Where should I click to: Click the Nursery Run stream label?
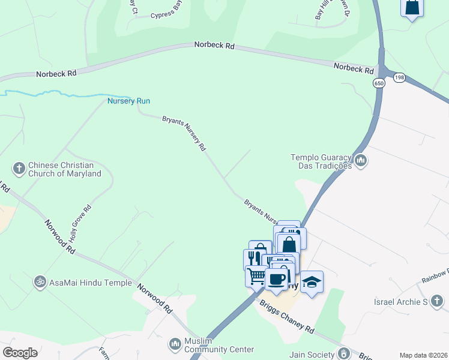(128, 101)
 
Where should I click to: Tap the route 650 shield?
(378, 83)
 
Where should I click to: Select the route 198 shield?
(399, 77)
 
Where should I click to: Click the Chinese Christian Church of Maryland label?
(64, 169)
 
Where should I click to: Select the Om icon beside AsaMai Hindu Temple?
(40, 280)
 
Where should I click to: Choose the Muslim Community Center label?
(220, 344)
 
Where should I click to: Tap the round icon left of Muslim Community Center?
(175, 344)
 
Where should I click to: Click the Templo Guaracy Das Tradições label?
(321, 161)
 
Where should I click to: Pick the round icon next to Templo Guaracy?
(361, 160)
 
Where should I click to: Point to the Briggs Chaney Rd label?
(287, 317)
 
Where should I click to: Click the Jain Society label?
(312, 355)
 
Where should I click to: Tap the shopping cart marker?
(256, 277)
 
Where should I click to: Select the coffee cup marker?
(276, 279)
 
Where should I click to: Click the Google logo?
(20, 353)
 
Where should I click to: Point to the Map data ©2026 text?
(423, 355)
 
